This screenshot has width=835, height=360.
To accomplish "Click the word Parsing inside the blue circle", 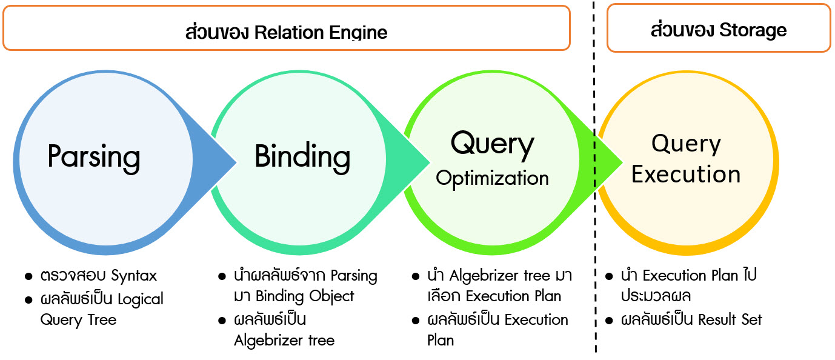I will click(94, 157).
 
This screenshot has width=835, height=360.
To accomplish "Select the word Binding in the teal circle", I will click(302, 157).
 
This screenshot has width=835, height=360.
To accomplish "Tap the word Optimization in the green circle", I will click(492, 178).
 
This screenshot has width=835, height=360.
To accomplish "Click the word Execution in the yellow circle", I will click(686, 174).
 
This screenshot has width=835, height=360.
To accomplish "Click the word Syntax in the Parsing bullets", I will click(134, 276).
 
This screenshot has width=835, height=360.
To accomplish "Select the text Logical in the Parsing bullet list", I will click(141, 299).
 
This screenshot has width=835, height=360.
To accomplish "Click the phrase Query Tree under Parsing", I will click(78, 319).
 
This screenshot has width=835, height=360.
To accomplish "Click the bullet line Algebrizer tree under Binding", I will click(284, 341).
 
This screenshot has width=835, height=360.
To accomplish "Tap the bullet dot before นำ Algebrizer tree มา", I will click(416, 276).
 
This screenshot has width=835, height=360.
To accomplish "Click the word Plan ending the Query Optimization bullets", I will click(441, 341).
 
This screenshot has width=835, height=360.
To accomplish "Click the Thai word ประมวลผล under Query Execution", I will click(655, 296).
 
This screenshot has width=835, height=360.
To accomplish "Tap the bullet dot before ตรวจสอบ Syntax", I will click(28, 276).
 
